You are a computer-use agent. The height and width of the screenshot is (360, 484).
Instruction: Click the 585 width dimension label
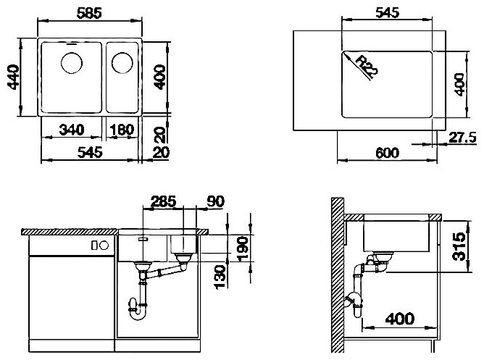coord(89,13)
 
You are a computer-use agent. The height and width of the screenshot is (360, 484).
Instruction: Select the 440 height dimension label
coord(14,77)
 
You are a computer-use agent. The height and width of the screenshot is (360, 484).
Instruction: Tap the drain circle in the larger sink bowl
coord(72,63)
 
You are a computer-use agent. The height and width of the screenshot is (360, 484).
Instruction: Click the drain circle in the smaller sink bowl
coord(122,63)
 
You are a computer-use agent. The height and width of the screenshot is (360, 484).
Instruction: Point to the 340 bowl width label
coord(72,130)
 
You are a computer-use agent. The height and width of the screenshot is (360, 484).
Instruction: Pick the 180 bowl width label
coord(122,130)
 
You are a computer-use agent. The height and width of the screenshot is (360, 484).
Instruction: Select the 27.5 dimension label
coord(462,138)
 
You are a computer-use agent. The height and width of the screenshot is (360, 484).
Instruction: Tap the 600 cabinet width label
coord(388,153)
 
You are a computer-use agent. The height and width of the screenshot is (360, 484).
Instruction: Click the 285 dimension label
coord(163,201)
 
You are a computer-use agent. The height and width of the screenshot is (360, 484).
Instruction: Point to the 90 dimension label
coord(215,201)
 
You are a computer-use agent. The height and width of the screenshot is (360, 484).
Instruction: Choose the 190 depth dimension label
coord(243,248)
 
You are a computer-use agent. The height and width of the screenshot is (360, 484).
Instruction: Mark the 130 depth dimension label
coord(220,277)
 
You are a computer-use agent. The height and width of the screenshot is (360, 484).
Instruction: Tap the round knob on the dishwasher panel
coord(104,246)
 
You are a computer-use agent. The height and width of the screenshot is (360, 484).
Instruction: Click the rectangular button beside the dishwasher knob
coord(94,246)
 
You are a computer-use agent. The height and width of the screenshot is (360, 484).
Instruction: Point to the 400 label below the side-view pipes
coord(400,319)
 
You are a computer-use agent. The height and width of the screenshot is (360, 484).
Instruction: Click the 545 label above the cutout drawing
coord(388,12)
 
